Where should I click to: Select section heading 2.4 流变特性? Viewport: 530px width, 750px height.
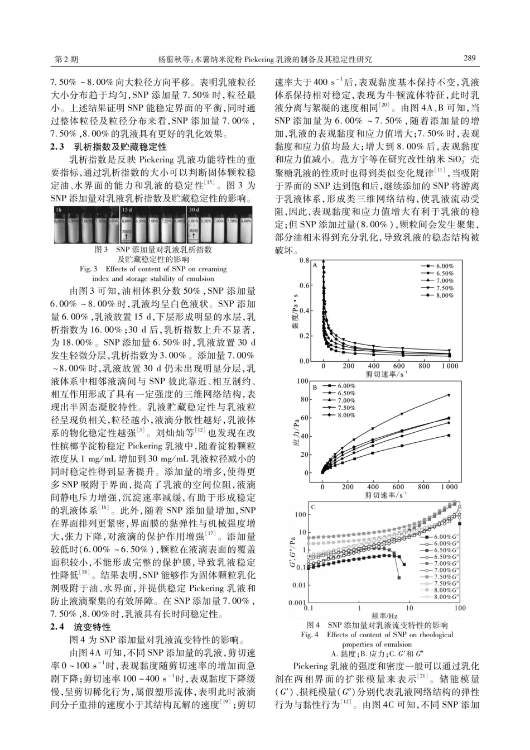coord(81,627)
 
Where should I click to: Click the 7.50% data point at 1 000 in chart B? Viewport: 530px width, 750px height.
coord(449,395)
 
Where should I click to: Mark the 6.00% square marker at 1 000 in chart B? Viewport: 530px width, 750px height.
coord(449,435)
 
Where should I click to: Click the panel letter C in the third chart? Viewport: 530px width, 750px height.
coord(314,507)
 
